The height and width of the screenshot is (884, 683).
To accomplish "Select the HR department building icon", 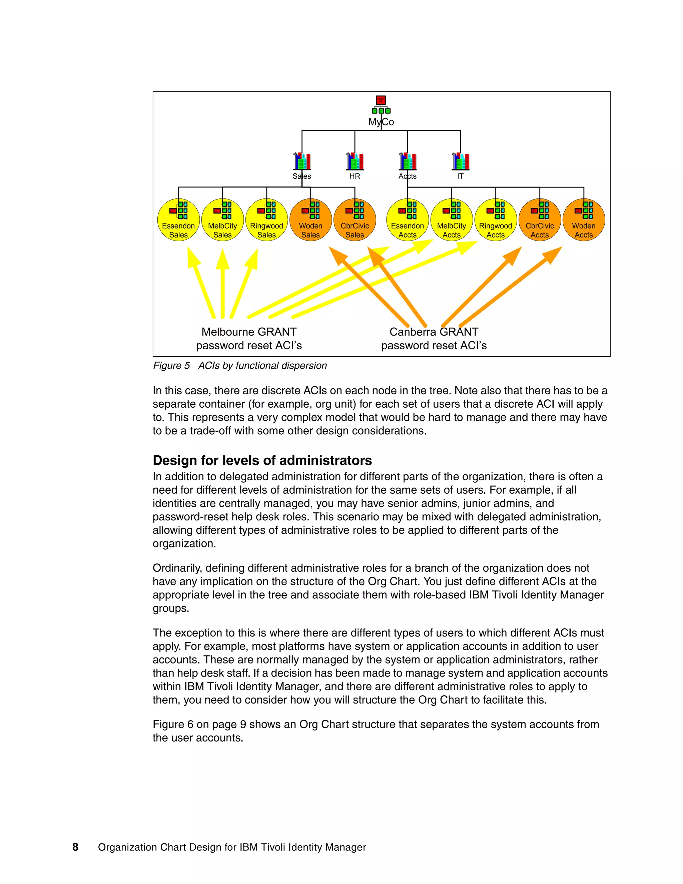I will coord(355,161).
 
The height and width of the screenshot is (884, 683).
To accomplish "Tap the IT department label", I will coord(460,176).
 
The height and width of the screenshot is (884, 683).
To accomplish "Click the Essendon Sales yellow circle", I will coord(178,220).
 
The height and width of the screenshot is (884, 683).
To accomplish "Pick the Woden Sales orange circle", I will coord(311,220).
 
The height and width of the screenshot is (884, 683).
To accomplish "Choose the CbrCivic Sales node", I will coord(355,220).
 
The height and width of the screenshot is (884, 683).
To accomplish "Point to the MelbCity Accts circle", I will coord(452,220).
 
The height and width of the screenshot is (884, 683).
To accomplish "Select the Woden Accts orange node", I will coord(584,220).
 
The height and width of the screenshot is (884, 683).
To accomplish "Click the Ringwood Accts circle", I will coord(496,220).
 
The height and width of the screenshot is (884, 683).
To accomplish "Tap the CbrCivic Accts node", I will coord(540,220).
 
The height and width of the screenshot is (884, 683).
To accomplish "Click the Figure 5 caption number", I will coord(171,366).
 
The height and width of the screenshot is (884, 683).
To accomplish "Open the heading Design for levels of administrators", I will coord(262,461).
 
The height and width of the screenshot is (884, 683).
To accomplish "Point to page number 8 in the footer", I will coord(75,847).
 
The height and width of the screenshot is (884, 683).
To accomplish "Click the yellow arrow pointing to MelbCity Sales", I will coord(222,283).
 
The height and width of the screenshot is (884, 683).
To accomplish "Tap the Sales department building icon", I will coord(302,161).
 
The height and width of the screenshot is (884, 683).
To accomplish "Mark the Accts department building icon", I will coord(408,161).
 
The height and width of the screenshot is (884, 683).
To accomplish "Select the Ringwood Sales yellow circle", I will coord(267,220).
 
